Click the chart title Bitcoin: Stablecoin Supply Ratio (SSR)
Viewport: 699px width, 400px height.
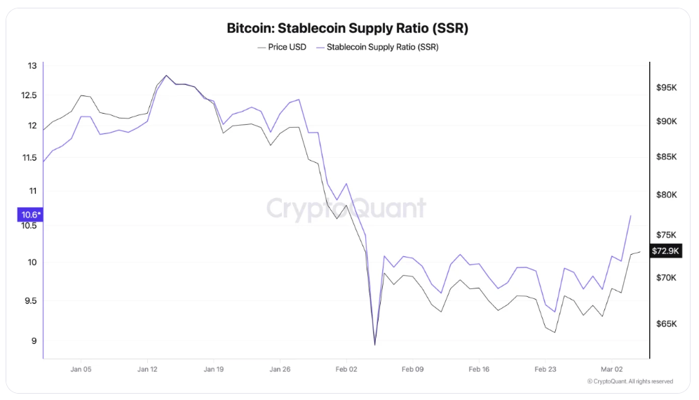[348, 29]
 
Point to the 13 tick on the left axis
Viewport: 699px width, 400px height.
[32, 66]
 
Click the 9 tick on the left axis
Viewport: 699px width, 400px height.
[32, 342]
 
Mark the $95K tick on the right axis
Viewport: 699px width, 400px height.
[666, 88]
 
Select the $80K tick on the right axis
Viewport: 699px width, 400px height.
[666, 195]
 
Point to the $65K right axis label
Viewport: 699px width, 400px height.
[666, 324]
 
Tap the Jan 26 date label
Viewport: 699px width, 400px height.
[280, 368]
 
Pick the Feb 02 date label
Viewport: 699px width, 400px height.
[346, 368]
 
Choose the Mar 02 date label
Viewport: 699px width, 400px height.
[612, 368]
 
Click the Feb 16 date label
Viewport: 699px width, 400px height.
[480, 368]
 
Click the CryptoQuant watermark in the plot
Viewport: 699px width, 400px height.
[346, 209]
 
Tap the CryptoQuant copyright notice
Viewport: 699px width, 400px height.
[630, 381]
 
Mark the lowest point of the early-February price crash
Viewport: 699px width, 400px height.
[375, 345]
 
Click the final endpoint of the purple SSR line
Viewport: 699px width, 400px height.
[631, 215]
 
